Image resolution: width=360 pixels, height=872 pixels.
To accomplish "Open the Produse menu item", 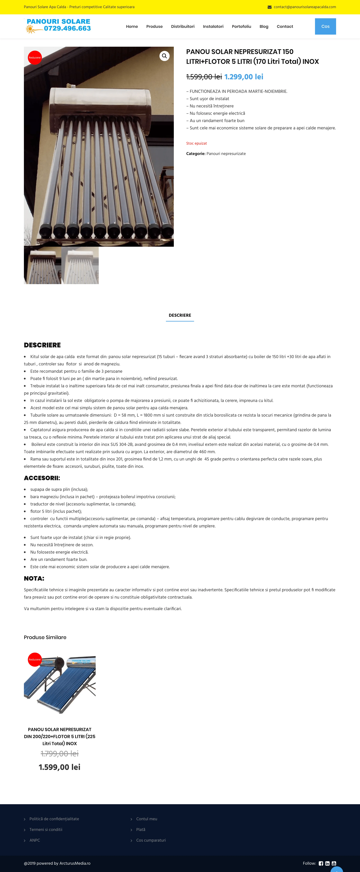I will pyautogui.click(x=154, y=26).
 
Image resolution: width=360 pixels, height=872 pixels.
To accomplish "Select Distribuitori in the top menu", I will pyautogui.click(x=183, y=26).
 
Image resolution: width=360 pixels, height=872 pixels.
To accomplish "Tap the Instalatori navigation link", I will pyautogui.click(x=213, y=26).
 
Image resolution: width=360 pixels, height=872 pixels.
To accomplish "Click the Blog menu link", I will pyautogui.click(x=264, y=26).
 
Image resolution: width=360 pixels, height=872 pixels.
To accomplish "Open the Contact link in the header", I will pyautogui.click(x=285, y=26).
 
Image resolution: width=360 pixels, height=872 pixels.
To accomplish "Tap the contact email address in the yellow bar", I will pyautogui.click(x=304, y=7).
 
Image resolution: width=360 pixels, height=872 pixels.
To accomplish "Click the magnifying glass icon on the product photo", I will pyautogui.click(x=164, y=56).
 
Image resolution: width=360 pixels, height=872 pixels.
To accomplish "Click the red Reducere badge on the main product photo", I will pyautogui.click(x=34, y=58).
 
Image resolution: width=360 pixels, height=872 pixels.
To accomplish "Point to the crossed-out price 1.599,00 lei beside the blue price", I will pyautogui.click(x=204, y=77).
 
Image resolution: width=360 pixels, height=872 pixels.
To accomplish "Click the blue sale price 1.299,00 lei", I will pyautogui.click(x=244, y=77).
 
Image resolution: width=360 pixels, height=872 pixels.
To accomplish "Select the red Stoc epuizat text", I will pyautogui.click(x=197, y=143).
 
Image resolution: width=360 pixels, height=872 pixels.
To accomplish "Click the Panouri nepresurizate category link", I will pyautogui.click(x=226, y=154).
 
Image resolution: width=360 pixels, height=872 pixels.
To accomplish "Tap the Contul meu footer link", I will pyautogui.click(x=147, y=819).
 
